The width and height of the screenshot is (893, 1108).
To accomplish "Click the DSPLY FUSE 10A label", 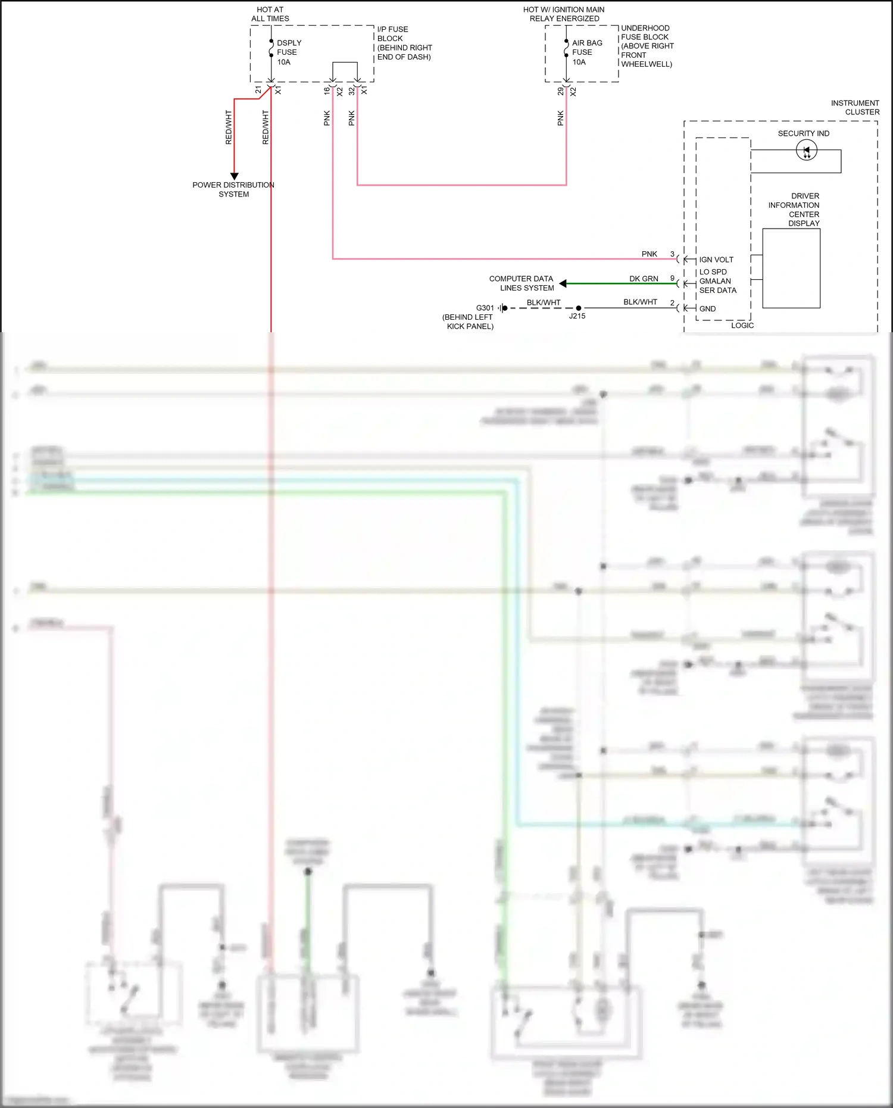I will coord(288,52).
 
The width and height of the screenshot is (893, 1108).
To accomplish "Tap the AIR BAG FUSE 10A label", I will coord(586,52).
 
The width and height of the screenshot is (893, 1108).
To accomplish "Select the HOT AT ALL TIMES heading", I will coord(270,14).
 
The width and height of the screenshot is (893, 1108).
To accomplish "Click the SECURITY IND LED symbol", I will coord(806,151).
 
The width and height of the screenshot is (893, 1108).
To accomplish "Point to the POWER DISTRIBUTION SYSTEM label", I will coord(233,189).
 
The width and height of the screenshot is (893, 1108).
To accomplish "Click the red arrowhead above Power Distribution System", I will coord(234,176).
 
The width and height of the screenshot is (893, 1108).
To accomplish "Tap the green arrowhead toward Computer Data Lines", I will coord(563,283).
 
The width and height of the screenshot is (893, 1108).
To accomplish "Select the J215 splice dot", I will coord(578,308).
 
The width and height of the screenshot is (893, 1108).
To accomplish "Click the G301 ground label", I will coord(485,308).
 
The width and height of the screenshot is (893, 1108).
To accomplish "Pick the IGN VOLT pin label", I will coord(716,260).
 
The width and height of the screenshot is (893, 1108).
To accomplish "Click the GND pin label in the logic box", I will coord(707,308).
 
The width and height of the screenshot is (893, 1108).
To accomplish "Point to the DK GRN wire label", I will coord(644,279).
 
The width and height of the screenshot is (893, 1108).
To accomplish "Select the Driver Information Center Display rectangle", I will coord(791,268).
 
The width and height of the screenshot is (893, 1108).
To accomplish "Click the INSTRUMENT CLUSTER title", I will coord(855,107).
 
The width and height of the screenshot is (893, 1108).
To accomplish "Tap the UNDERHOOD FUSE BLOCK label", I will coord(647,46).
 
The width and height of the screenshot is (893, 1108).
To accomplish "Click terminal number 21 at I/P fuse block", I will coord(258,90).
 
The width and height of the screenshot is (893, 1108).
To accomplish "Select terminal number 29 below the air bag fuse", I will coord(560,92).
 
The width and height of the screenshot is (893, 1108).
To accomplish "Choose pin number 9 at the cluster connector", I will coord(672,278).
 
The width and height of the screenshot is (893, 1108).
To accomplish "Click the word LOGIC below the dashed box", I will coord(742,325).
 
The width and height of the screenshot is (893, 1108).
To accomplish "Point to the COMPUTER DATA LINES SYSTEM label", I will coord(522,283).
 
